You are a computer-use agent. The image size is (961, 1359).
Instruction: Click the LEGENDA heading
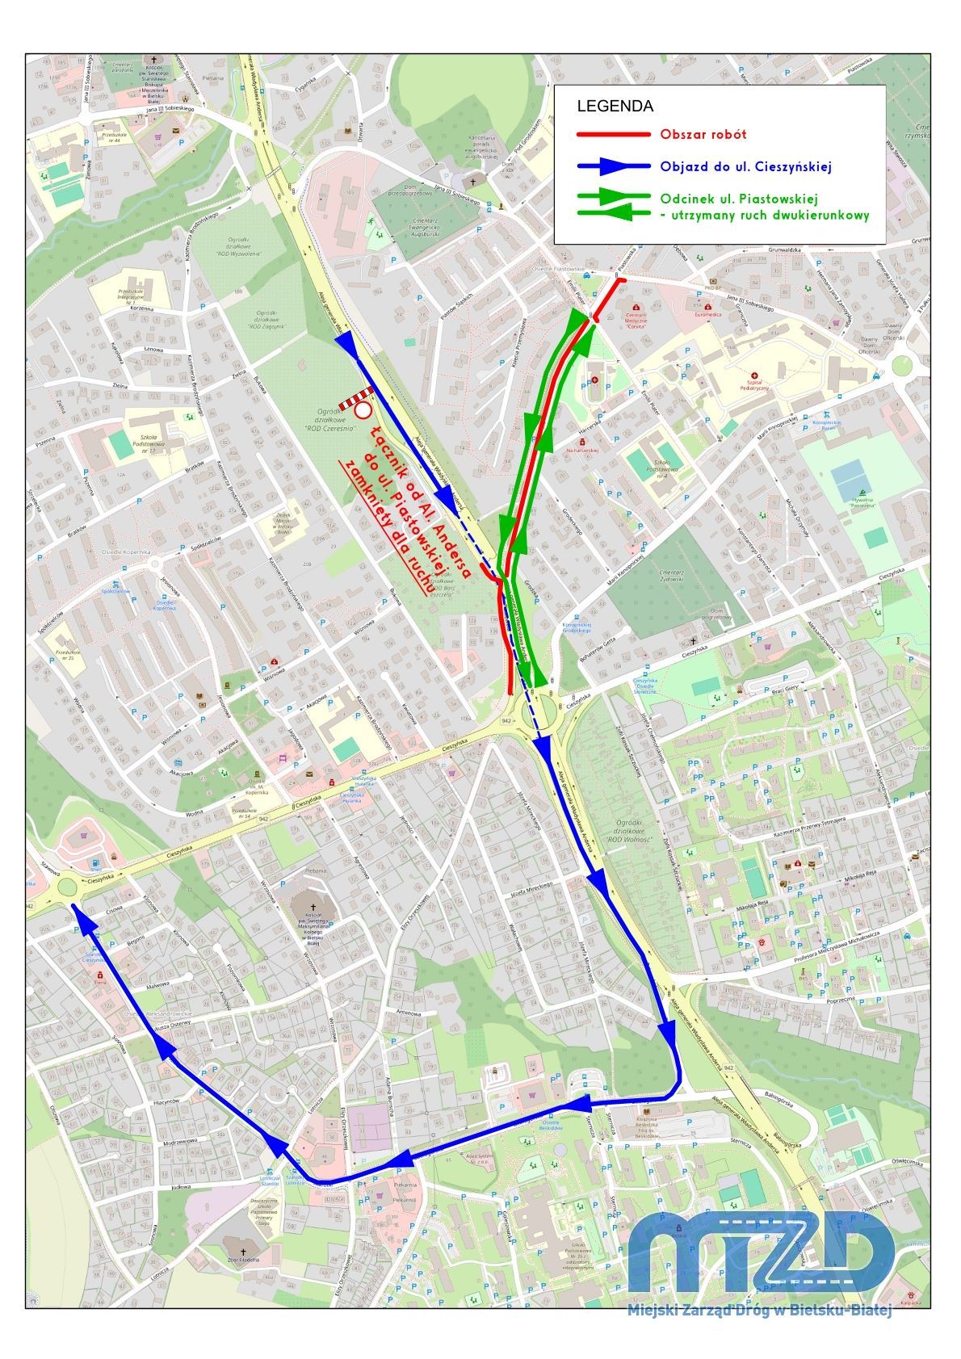point(615,106)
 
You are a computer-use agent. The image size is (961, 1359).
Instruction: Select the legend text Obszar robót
point(703,135)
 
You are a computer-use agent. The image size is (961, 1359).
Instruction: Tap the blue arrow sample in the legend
point(613,166)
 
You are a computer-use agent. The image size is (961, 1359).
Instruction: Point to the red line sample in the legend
point(613,135)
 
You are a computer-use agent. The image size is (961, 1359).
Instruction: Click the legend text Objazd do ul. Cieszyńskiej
point(745,166)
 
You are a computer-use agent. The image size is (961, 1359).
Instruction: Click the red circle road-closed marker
point(363,410)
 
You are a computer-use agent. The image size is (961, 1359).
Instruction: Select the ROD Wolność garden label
point(621,831)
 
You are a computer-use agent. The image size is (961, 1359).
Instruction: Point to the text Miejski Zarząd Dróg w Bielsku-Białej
point(758,1311)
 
